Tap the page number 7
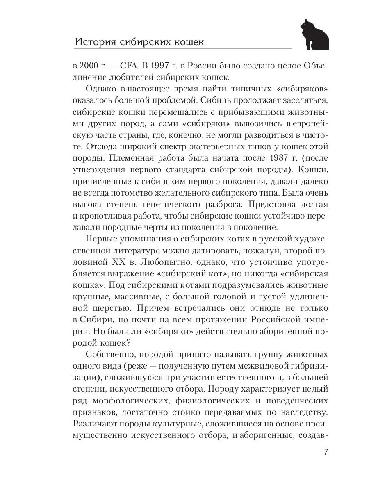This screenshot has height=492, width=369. (326, 452)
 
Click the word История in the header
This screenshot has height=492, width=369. (93, 43)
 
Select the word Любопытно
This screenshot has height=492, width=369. (168, 262)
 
